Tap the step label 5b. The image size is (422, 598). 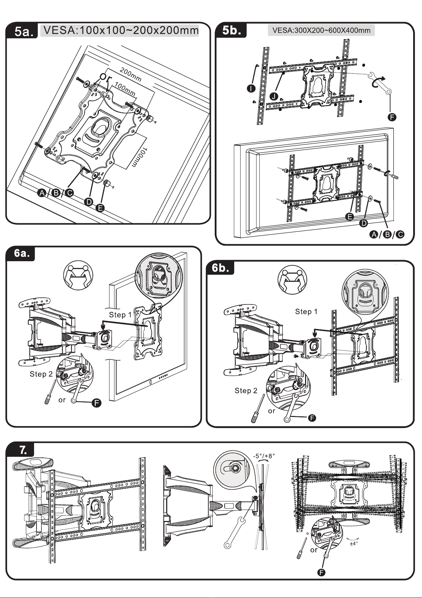coord(232,31)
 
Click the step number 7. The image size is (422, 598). coord(23,450)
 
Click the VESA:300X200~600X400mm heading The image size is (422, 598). coord(321,30)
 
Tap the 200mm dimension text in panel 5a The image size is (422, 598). coord(130,75)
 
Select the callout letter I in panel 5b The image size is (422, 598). coord(251,88)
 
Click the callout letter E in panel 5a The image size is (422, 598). coord(100,208)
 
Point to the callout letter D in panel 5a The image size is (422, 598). coord(89,202)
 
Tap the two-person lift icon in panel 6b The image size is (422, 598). coord(292,281)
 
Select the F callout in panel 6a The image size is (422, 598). coord(96,403)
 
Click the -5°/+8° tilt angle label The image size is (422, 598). coord(264,456)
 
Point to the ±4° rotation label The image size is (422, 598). coord(354,543)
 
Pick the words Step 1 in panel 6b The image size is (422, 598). coord(306,312)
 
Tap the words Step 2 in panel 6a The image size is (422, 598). coord(41,374)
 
